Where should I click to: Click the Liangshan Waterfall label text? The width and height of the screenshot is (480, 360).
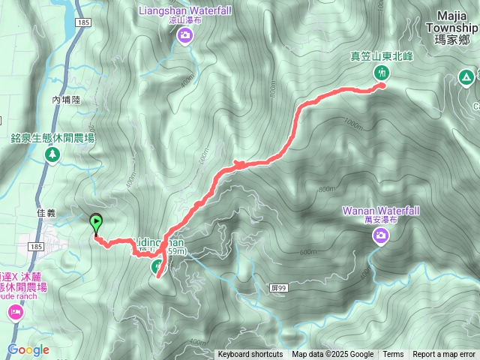tap(184, 10)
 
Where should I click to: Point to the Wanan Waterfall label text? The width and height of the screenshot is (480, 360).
tap(379, 211)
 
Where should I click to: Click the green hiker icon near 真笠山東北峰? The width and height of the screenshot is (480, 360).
tap(382, 72)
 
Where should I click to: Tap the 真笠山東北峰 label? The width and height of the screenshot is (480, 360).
tap(381, 55)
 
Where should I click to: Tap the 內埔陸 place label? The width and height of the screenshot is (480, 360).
tap(66, 99)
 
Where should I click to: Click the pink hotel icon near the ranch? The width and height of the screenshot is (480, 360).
tap(15, 312)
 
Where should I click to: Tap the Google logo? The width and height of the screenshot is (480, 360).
tap(28, 349)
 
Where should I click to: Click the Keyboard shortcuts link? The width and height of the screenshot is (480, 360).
tap(250, 355)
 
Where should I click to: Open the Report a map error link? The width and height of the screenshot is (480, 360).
tap(444, 355)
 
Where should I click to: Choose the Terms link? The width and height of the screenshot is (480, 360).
tap(393, 355)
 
